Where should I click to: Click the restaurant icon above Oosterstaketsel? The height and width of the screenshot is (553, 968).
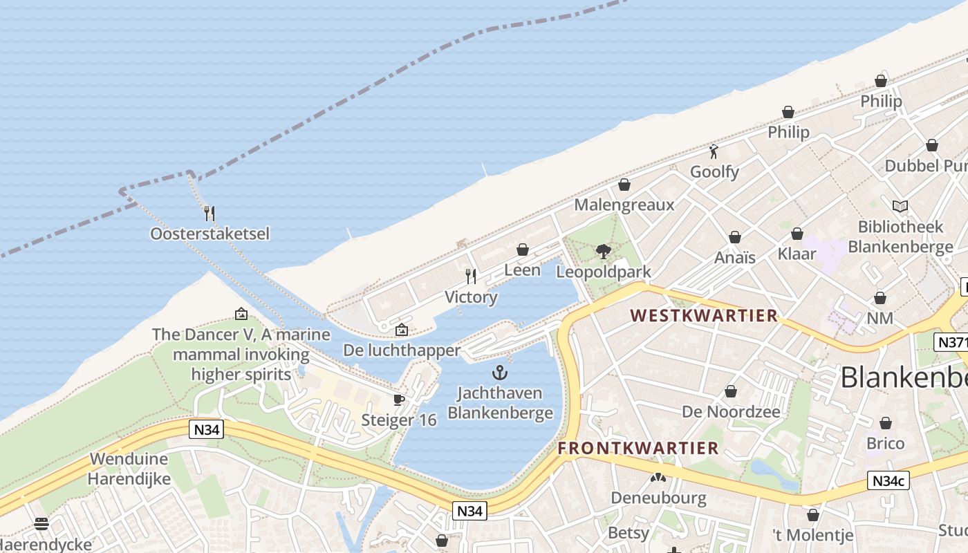210,213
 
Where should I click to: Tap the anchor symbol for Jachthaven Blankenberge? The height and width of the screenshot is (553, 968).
499,373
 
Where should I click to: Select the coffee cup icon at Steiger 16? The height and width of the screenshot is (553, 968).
399,400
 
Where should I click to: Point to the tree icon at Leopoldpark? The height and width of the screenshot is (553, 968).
604,251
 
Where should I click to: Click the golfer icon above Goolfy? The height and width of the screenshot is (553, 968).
714,151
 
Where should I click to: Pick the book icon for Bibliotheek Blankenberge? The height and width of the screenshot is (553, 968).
900,206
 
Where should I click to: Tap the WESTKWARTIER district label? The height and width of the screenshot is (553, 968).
704,316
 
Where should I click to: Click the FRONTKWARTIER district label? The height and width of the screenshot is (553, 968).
638,448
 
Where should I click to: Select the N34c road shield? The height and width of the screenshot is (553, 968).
888,480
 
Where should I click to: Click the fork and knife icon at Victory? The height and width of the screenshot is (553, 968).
471,276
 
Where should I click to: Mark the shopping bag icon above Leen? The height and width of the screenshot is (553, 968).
523,250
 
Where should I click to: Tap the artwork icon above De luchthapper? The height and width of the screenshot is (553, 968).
401,330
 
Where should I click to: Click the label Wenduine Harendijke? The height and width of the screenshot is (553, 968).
129,469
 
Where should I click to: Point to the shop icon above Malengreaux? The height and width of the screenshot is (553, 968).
624,185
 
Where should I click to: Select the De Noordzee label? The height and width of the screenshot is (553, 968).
731,412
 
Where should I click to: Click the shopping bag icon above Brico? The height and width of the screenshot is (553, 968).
886,423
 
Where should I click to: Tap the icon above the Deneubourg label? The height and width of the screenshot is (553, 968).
658,477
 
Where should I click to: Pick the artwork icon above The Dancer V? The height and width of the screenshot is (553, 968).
241,314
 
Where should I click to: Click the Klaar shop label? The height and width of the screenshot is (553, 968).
797,254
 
